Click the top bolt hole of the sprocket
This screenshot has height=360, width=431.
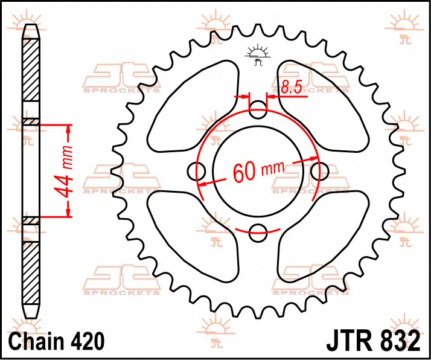(x=258, y=110)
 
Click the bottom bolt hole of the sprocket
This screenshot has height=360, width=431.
(x=258, y=233)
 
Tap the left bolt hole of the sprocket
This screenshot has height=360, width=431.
(x=197, y=172)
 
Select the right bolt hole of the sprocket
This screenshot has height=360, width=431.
(x=320, y=172)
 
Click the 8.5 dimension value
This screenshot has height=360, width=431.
(x=292, y=86)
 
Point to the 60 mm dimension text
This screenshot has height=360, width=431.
(x=258, y=172)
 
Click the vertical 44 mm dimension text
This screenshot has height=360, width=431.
(x=65, y=173)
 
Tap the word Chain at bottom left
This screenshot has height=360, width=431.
(x=36, y=341)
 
